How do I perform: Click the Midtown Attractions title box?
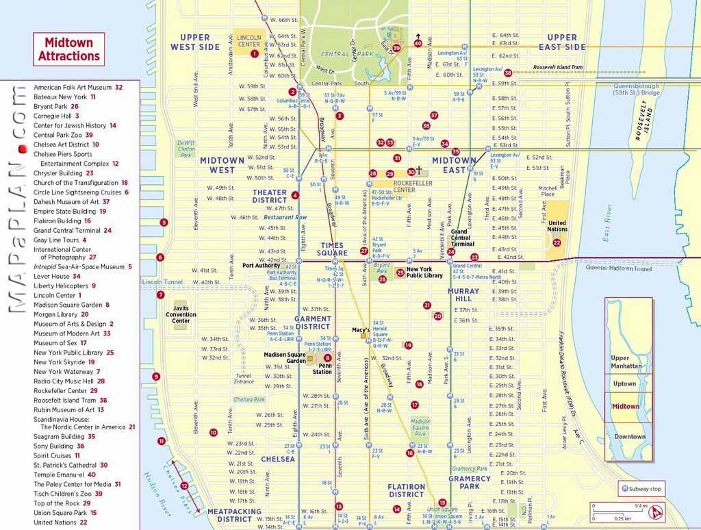[68, 49]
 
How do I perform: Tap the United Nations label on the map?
[557, 227]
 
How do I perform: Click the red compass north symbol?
[657, 511]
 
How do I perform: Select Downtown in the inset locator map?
[629, 436]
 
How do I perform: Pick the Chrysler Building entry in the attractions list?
[64, 173]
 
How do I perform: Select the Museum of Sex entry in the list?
[60, 343]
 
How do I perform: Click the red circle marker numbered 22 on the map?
[557, 242]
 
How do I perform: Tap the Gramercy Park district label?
[470, 482]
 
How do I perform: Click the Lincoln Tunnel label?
[162, 282]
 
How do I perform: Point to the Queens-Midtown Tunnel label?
[619, 269]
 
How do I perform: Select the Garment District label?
[313, 323]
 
